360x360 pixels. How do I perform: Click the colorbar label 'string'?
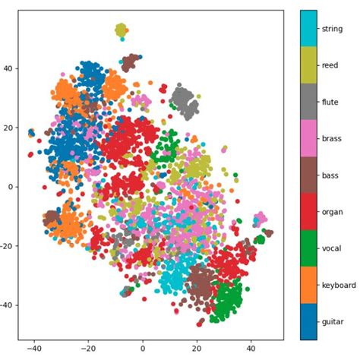coord(332,29)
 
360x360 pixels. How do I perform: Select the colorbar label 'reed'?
coord(329,66)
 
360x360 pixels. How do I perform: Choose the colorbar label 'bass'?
coord(330,175)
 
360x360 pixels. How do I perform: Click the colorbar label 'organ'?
coord(332,213)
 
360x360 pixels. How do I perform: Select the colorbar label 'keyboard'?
coord(337,285)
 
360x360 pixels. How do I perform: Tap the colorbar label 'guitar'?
coord(332,322)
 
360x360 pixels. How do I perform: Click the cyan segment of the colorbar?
coord(308,29)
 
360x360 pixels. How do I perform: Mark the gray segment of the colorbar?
coord(308,103)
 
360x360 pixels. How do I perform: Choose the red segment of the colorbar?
coord(308,212)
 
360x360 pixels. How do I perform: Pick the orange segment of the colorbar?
coord(308,285)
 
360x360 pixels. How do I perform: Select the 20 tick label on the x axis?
coord(197,351)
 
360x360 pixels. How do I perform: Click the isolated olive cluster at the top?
coord(121,30)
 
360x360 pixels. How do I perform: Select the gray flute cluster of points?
coord(184,99)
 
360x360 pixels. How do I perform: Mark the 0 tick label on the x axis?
coord(143,351)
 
